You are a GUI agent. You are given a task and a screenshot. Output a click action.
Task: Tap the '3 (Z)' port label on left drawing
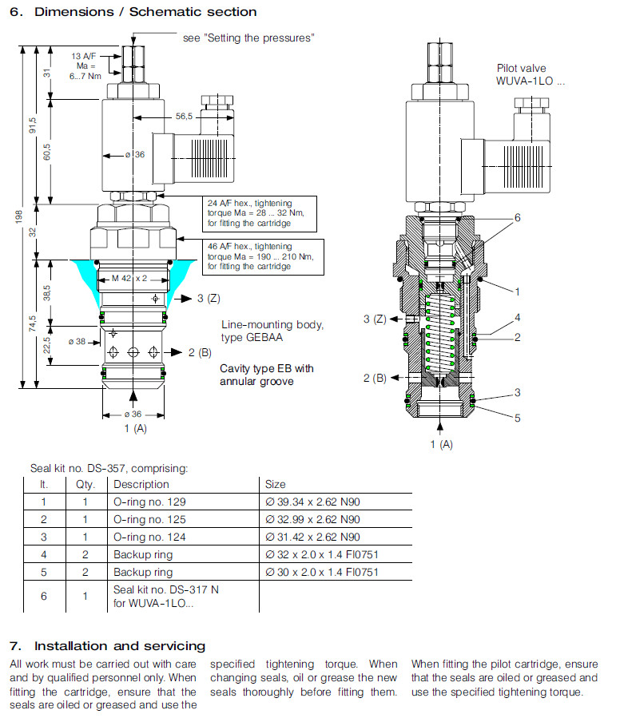click(x=207, y=299)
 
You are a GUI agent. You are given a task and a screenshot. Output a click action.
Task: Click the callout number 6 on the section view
click(x=518, y=218)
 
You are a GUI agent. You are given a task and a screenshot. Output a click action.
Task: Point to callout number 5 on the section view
click(x=517, y=417)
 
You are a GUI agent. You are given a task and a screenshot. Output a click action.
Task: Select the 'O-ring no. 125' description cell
click(x=149, y=519)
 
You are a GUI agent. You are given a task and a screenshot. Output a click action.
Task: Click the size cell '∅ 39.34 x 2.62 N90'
click(x=312, y=502)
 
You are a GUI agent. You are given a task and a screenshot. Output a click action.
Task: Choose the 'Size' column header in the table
click(x=275, y=484)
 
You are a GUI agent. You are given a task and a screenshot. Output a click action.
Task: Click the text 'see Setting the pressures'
click(x=248, y=38)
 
